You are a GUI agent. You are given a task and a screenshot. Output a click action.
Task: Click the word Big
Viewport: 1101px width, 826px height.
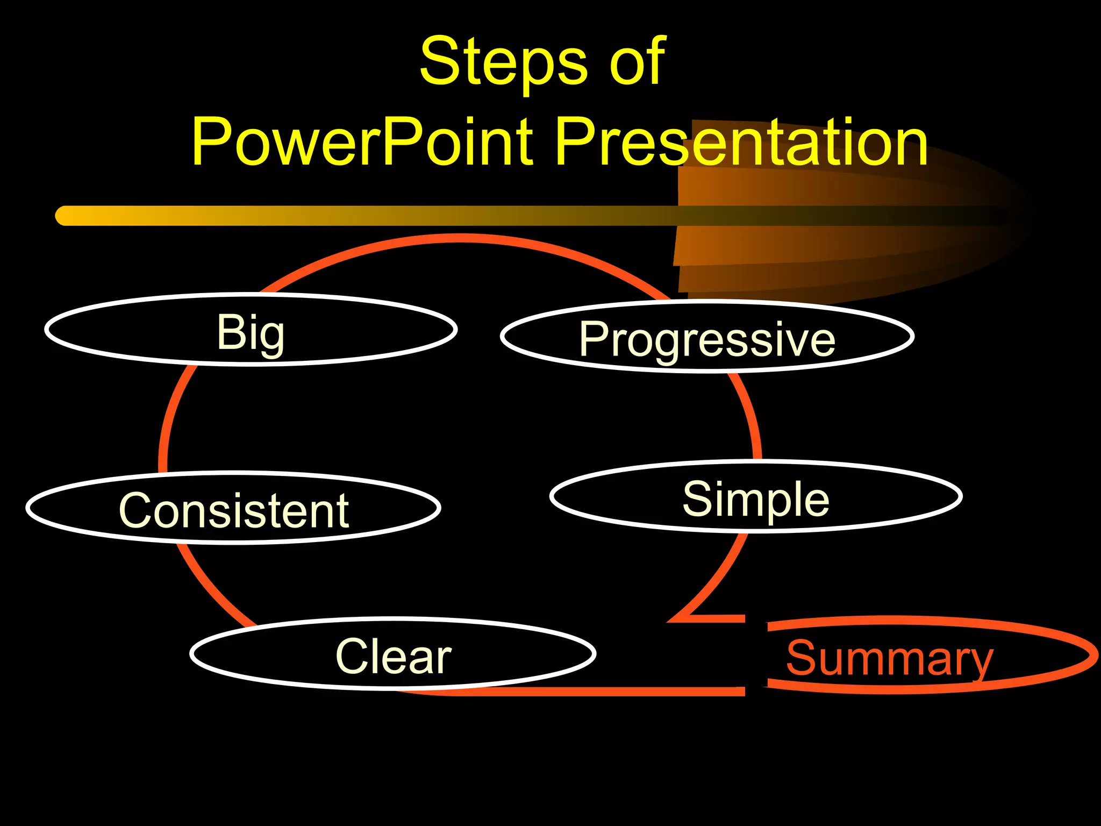[251, 333]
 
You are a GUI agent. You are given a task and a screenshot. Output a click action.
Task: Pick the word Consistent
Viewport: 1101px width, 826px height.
[234, 510]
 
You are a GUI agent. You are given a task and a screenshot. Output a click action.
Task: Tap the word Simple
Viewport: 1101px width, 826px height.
[756, 499]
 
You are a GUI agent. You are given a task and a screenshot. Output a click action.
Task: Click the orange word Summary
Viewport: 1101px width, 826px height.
[890, 659]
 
